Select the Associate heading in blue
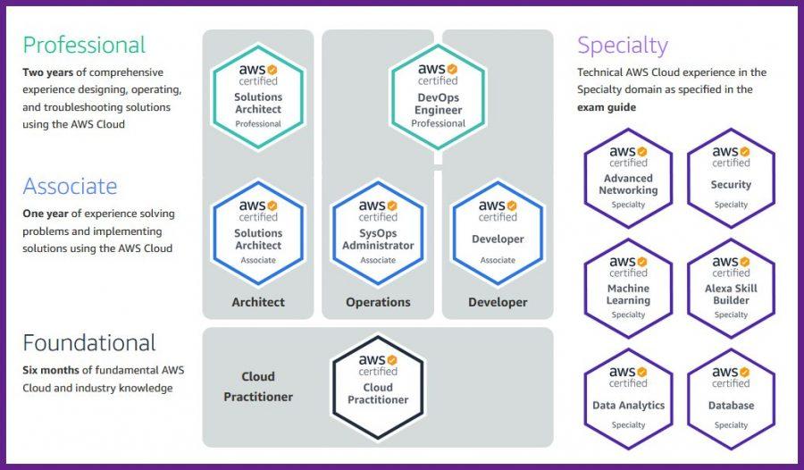click(70, 186)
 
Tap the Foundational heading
click(89, 343)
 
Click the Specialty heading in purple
click(622, 45)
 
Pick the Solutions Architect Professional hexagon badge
click(258, 96)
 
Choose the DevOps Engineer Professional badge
click(438, 96)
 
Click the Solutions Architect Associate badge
click(258, 232)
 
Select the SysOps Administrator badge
click(378, 232)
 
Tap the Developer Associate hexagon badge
click(498, 232)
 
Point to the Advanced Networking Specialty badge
click(628, 178)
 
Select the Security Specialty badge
click(731, 178)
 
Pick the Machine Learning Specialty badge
click(628, 288)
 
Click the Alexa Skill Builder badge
click(731, 288)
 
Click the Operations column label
click(378, 302)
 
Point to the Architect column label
click(258, 302)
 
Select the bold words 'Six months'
click(51, 369)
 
